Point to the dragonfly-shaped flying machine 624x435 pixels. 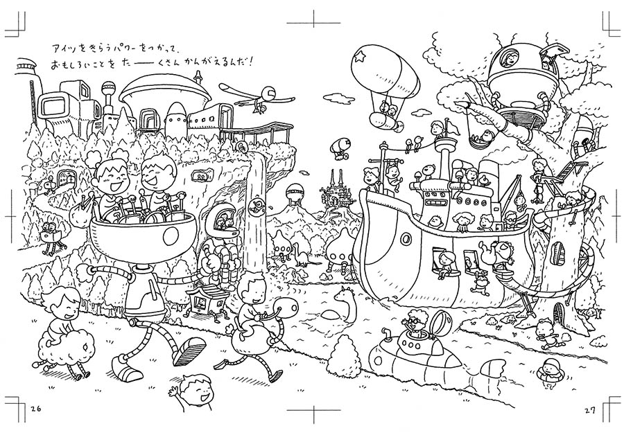coord(257,95)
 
